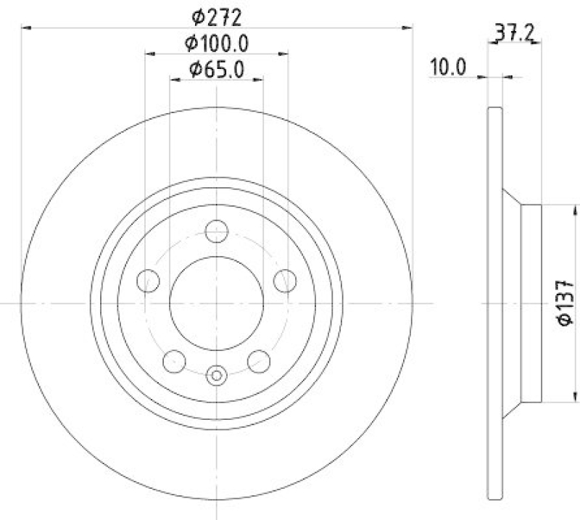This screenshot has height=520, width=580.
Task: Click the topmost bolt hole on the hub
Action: pyautogui.click(x=217, y=231)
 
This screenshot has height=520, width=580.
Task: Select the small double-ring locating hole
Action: pyautogui.click(x=217, y=375)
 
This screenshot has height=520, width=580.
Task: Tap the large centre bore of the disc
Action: pyautogui.click(x=217, y=303)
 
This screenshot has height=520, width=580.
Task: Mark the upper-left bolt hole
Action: pyautogui.click(x=148, y=281)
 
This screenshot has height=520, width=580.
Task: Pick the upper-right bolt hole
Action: pyautogui.click(x=286, y=281)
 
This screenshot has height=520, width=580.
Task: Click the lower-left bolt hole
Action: pyautogui.click(x=174, y=360)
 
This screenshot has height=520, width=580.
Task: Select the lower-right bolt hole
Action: pyautogui.click(x=259, y=360)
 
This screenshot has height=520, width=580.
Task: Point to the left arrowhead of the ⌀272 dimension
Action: pyautogui.click(x=26, y=28)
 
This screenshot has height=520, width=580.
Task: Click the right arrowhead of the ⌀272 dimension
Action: pyautogui.click(x=407, y=28)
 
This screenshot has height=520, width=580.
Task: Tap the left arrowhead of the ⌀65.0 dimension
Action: pyautogui.click(x=174, y=81)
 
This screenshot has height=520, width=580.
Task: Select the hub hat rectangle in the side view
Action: pyautogui.click(x=532, y=303)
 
